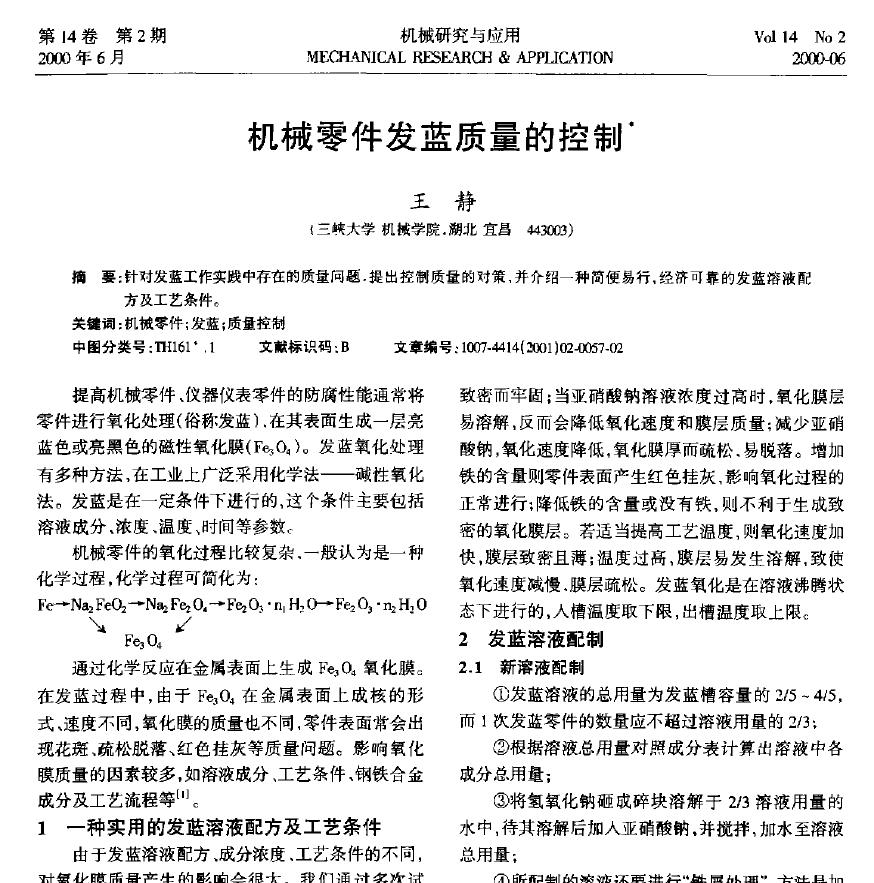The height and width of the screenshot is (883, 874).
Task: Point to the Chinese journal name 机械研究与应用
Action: coord(460,37)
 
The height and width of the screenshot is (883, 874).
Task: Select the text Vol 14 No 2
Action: coord(800,37)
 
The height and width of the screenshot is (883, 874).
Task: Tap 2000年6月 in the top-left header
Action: coord(81,58)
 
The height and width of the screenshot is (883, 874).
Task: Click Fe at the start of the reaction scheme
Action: coord(47,605)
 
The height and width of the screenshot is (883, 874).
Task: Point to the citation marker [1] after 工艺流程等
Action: coord(184,795)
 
